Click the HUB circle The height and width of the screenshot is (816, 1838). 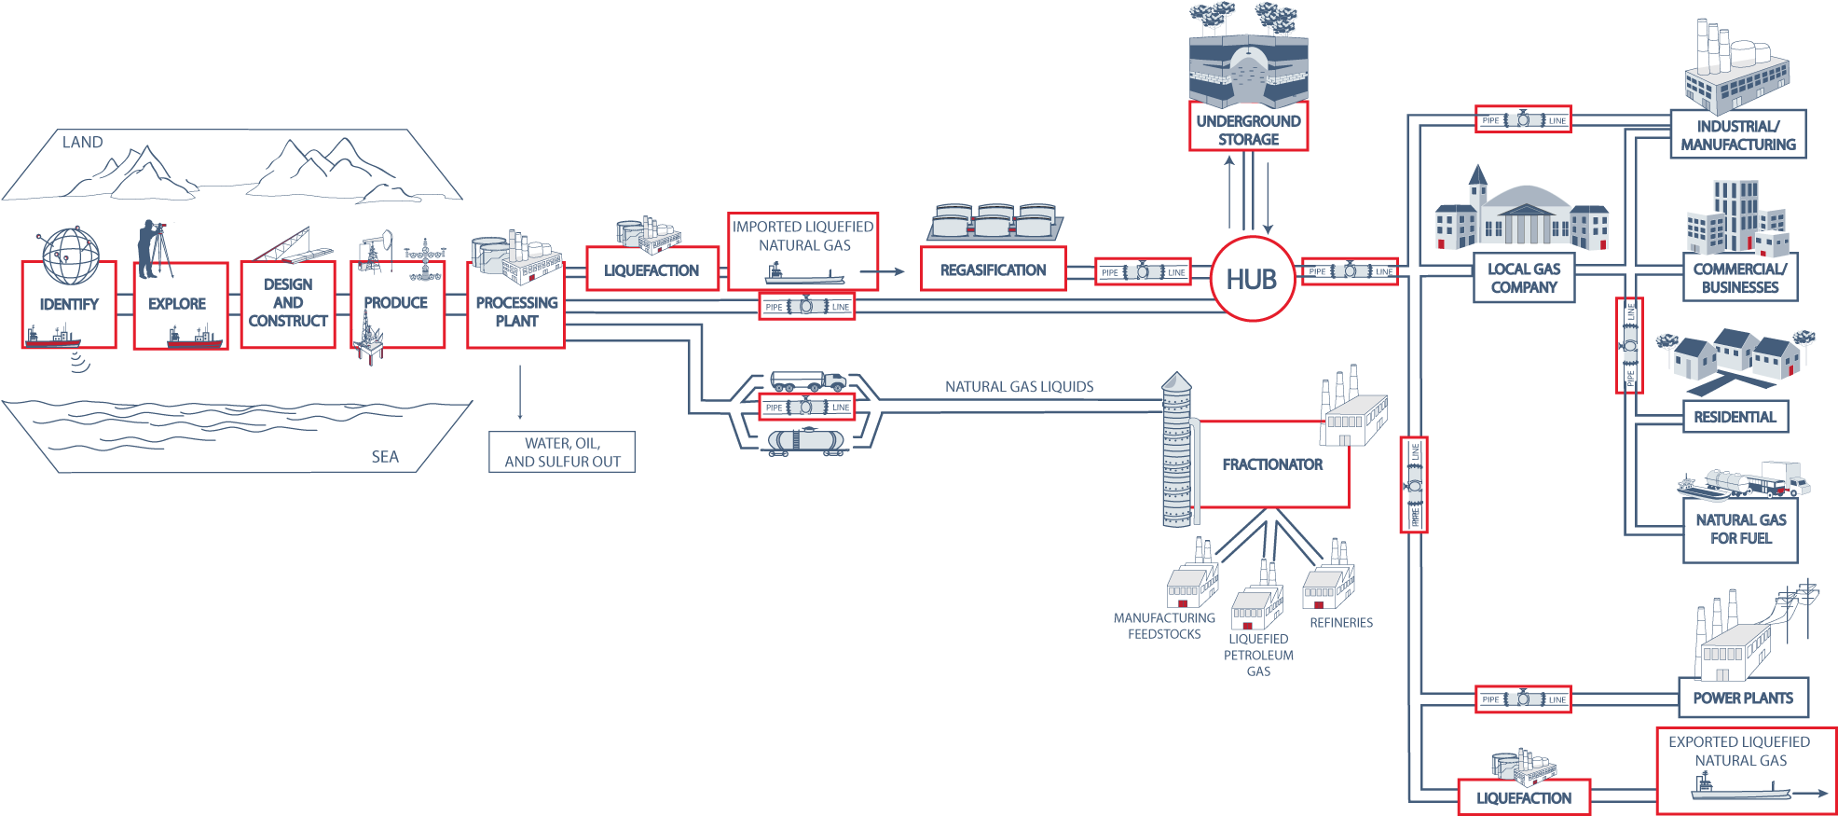[x=1252, y=279]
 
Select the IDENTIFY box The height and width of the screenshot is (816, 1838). [x=69, y=305]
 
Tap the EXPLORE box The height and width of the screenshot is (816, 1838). [x=179, y=305]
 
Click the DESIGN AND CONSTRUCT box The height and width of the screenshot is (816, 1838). [x=288, y=304]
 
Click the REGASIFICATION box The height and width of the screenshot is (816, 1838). [x=993, y=270]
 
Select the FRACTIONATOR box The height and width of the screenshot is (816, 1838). [x=1272, y=464]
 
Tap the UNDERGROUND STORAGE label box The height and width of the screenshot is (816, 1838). [x=1248, y=130]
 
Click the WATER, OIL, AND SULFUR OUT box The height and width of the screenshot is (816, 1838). [x=562, y=452]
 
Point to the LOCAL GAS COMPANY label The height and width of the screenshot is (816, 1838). [x=1523, y=278]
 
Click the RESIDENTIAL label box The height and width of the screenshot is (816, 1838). [x=1735, y=417]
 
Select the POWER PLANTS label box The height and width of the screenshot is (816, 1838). [x=1742, y=698]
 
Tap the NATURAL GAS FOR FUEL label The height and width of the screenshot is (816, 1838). [x=1739, y=529]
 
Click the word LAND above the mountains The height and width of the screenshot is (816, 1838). [x=82, y=143]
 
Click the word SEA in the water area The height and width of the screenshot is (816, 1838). [x=385, y=456]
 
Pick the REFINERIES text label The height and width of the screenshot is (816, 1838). [x=1340, y=622]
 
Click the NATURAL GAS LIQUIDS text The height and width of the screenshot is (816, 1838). [x=1019, y=386]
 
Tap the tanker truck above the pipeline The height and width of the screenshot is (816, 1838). [x=807, y=381]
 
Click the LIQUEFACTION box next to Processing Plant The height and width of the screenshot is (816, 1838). [x=652, y=270]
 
